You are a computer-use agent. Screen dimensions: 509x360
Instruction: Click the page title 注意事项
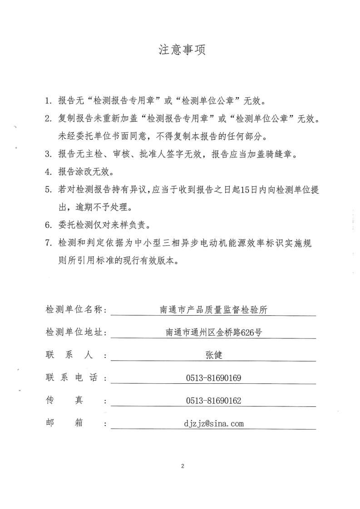click(x=182, y=50)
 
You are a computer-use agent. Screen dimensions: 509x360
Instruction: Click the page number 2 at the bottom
click(x=182, y=466)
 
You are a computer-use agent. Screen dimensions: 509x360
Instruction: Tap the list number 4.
click(x=48, y=172)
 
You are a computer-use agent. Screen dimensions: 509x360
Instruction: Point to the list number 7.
click(x=48, y=244)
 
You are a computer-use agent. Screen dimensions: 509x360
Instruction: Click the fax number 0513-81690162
click(x=213, y=401)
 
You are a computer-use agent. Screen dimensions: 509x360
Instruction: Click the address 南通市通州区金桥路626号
click(x=214, y=333)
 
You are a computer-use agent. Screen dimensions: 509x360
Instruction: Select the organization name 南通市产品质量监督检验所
click(x=214, y=310)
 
